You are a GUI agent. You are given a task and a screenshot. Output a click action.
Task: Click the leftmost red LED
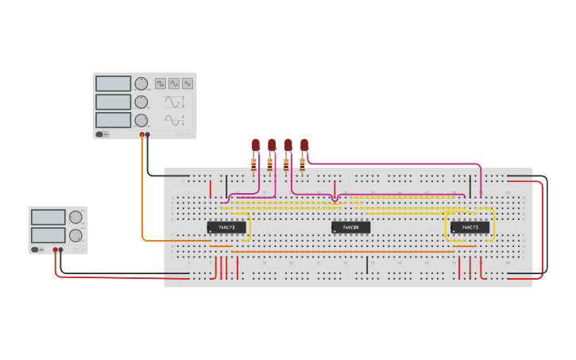[x=256, y=145]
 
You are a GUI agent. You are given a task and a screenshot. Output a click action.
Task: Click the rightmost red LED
[x=303, y=145]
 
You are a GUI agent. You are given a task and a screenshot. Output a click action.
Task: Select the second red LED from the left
[x=272, y=145]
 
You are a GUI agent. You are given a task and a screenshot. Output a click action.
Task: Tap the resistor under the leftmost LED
[x=253, y=165]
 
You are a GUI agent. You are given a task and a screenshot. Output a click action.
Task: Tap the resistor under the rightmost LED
[x=302, y=165]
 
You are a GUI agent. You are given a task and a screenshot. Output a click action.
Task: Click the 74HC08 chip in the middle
[x=350, y=227]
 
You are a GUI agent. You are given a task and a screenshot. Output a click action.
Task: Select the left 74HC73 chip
[x=226, y=227]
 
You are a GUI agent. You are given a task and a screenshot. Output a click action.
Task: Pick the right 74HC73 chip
[x=470, y=227]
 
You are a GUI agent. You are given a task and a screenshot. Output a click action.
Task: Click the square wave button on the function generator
[x=160, y=83]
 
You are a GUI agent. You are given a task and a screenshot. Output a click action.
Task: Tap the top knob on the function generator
[x=141, y=83]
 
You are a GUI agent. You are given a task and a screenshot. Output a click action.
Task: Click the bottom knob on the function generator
[x=141, y=120]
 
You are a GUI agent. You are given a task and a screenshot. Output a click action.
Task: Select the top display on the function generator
[x=113, y=83]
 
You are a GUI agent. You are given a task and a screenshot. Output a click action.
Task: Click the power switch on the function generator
[x=101, y=134]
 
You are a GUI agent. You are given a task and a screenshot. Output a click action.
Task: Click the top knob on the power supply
[x=75, y=217]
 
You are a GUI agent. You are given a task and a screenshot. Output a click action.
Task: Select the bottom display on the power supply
[x=48, y=235]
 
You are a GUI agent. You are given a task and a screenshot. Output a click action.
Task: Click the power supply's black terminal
[x=61, y=250]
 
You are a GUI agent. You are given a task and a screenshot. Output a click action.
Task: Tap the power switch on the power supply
[x=36, y=250]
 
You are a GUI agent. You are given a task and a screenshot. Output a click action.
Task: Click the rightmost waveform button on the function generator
[x=187, y=83]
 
